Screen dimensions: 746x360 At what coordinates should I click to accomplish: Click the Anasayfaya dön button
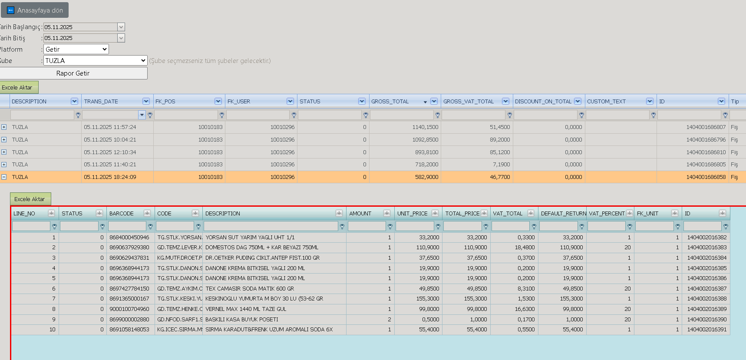tap(35, 10)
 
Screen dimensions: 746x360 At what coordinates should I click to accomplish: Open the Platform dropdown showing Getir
tap(76, 50)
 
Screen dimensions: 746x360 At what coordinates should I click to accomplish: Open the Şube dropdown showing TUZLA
tap(96, 61)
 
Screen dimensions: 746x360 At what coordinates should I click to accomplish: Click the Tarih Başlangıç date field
tap(80, 27)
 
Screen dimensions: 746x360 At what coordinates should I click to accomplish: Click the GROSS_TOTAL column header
tap(390, 102)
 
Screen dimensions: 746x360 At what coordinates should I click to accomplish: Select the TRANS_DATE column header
tap(101, 102)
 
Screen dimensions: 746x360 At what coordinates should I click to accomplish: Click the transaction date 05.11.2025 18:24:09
tap(110, 177)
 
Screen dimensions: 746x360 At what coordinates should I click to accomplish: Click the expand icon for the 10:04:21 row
tap(4, 140)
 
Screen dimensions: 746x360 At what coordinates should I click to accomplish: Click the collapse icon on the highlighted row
tap(4, 177)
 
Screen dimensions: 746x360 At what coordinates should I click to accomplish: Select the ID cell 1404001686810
tap(706, 152)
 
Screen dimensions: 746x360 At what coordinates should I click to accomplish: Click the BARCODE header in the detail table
tap(122, 214)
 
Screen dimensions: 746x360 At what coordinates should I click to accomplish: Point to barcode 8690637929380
tap(129, 248)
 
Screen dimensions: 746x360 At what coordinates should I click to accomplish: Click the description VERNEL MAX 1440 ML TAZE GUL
tap(246, 309)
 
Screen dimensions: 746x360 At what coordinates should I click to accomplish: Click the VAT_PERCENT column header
tap(607, 214)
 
